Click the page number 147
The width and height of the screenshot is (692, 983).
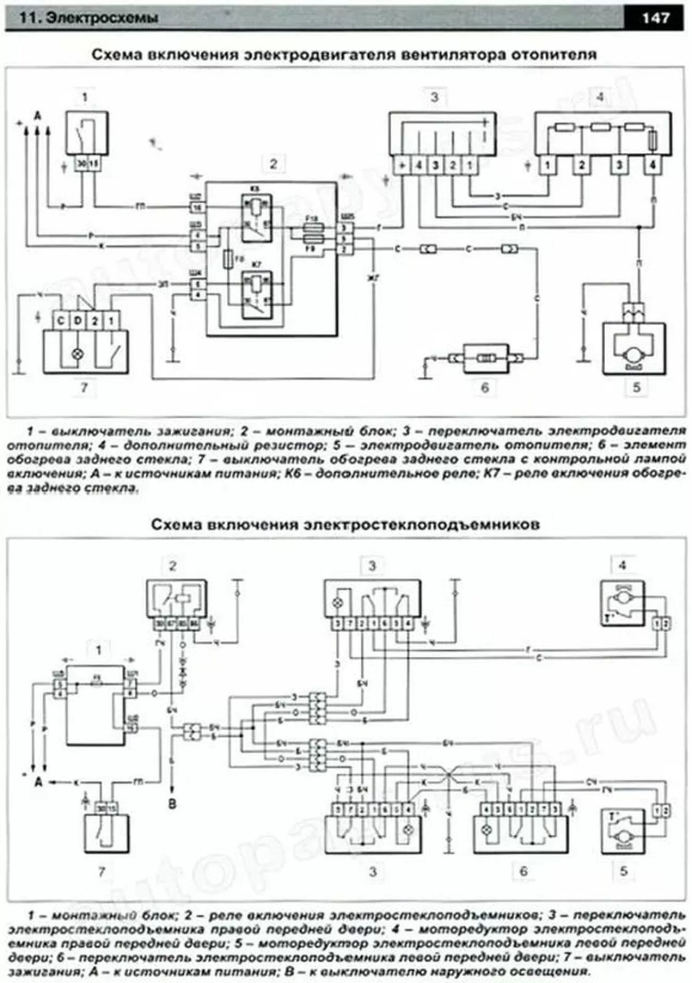point(655,18)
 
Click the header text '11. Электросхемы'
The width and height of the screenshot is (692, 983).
point(88,18)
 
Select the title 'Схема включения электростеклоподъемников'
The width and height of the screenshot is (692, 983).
point(345,524)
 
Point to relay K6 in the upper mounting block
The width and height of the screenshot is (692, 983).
point(257,218)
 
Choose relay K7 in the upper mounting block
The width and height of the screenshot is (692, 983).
point(257,294)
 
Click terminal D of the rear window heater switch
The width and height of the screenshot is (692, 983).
point(78,321)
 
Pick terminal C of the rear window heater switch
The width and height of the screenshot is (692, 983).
point(61,321)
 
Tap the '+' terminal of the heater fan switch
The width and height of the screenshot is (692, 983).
point(402,166)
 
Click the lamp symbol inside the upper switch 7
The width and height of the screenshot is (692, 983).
point(78,353)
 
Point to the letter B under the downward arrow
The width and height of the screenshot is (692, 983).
point(172,804)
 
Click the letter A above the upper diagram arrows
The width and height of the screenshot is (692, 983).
point(37,115)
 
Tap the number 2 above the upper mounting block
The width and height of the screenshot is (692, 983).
point(274,163)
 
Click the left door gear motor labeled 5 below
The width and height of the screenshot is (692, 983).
point(622,831)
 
